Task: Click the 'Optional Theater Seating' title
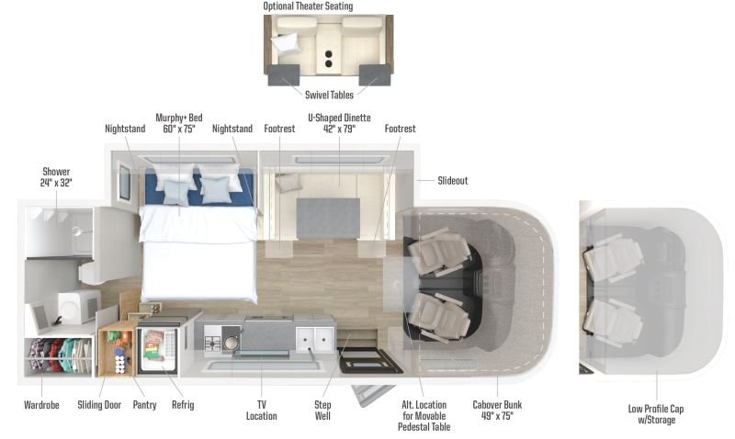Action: (x=308, y=6)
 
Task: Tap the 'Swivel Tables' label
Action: (x=329, y=95)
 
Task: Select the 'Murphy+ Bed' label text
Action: (x=179, y=118)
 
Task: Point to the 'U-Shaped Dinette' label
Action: (x=339, y=118)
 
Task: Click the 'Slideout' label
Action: (x=452, y=180)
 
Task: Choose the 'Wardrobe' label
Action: (x=41, y=405)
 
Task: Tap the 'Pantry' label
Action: (x=144, y=405)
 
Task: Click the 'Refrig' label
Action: (x=183, y=405)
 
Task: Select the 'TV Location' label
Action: (x=262, y=410)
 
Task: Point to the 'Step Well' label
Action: (x=322, y=410)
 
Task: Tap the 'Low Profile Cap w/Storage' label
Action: (x=656, y=413)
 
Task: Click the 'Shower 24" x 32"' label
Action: (x=56, y=177)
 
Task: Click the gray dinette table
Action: (x=328, y=218)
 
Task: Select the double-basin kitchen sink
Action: (x=314, y=340)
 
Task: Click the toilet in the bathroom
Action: (x=77, y=306)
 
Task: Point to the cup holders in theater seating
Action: (x=329, y=59)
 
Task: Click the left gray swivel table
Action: (x=284, y=75)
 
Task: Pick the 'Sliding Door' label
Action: (x=99, y=405)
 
